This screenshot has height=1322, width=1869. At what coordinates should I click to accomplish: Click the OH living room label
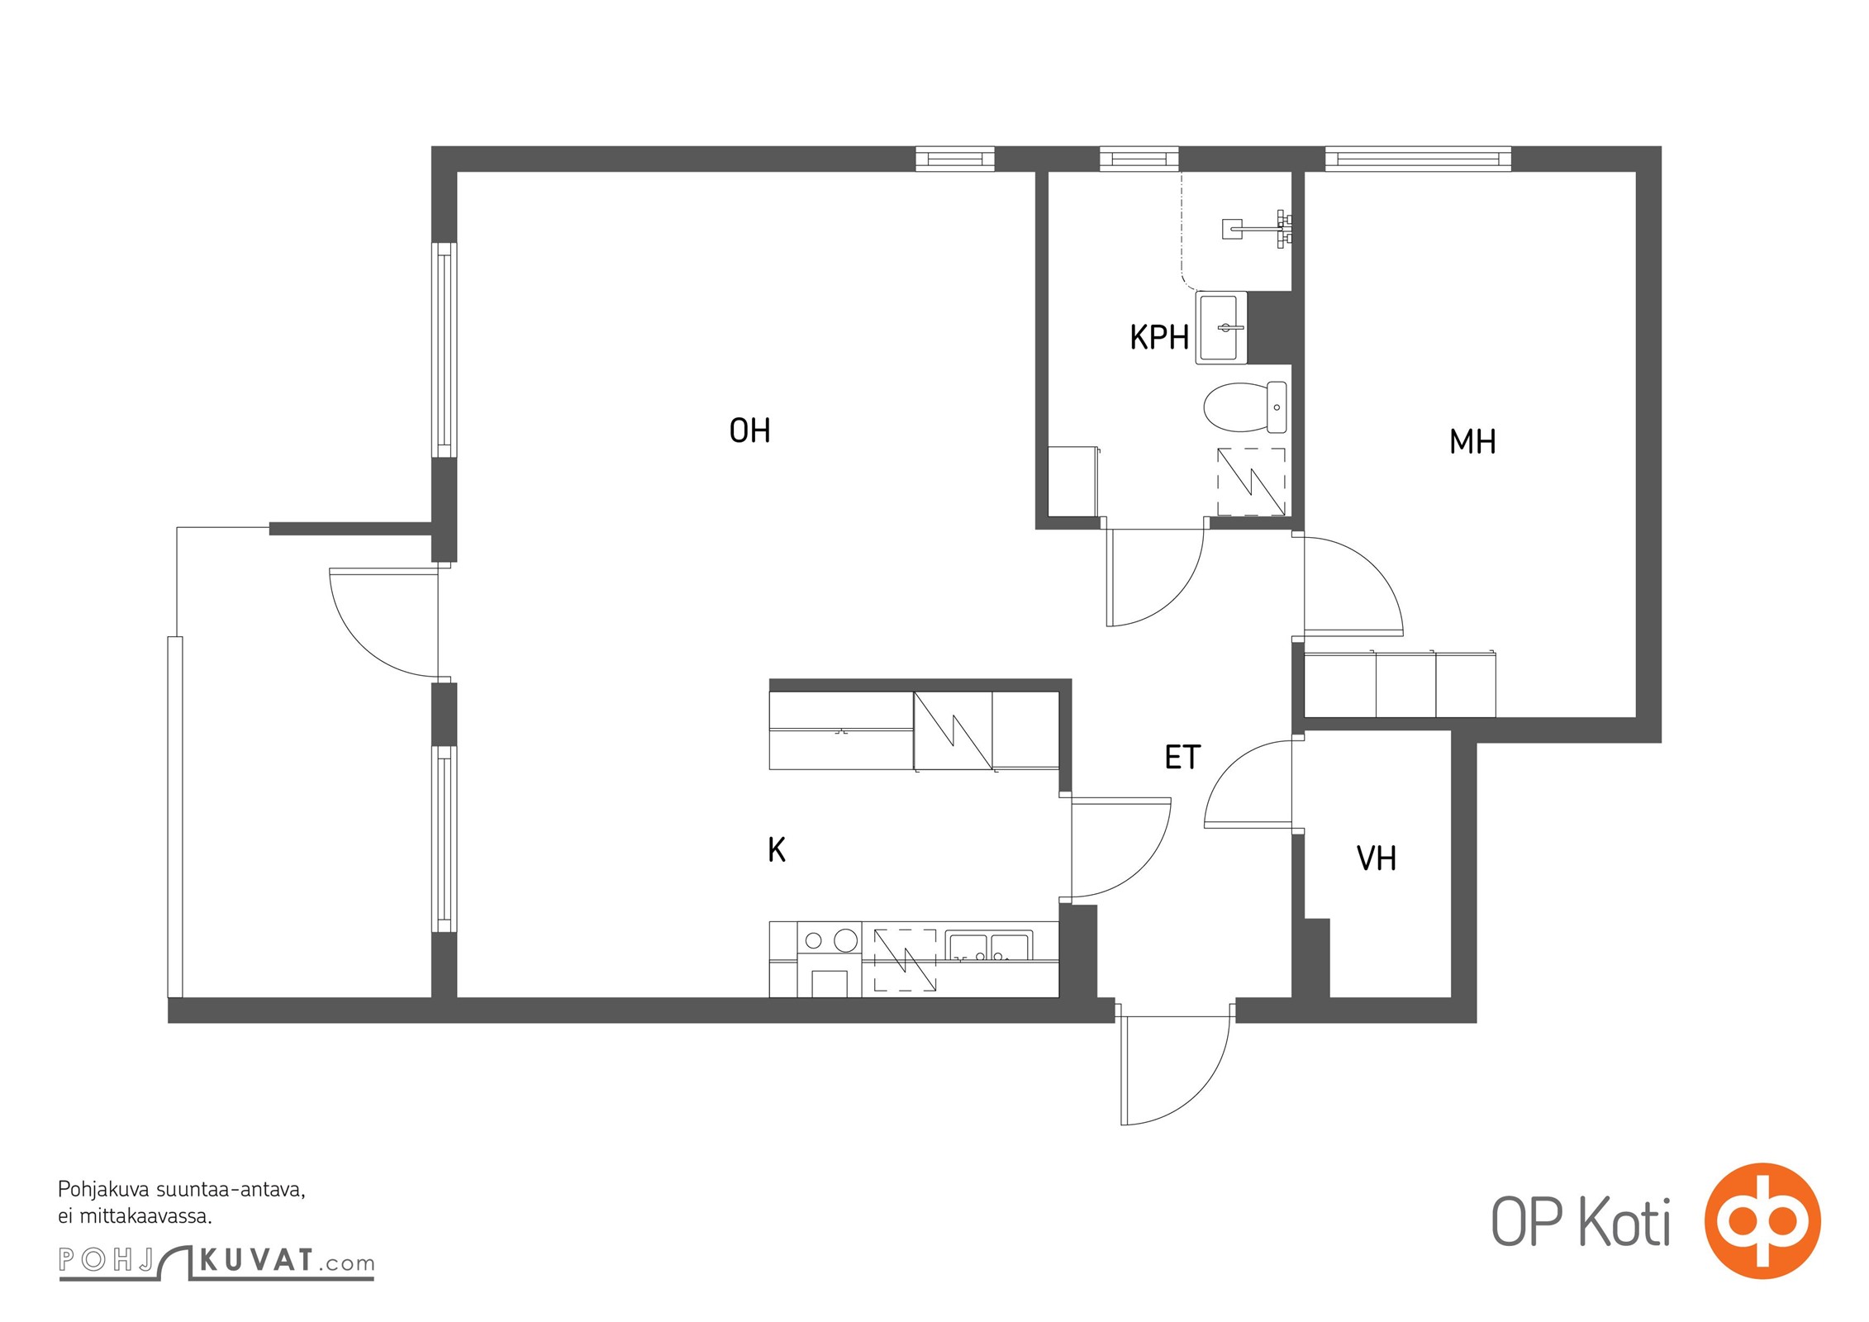pyautogui.click(x=749, y=430)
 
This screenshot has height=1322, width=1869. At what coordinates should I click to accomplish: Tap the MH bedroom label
pyautogui.click(x=1472, y=442)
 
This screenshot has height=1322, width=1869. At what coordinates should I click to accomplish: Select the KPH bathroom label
pyautogui.click(x=1159, y=337)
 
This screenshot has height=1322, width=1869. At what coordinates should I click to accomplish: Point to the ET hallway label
pyautogui.click(x=1182, y=757)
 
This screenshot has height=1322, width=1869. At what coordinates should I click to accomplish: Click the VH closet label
pyautogui.click(x=1377, y=858)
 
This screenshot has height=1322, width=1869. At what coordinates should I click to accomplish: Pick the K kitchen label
pyautogui.click(x=777, y=849)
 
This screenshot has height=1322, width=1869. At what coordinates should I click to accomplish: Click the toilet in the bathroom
pyautogui.click(x=1245, y=407)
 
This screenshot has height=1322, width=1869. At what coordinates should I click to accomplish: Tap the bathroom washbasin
pyautogui.click(x=1221, y=328)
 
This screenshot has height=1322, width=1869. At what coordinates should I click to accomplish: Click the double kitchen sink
pyautogui.click(x=988, y=947)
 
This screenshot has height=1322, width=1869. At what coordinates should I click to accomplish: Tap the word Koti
pyautogui.click(x=1626, y=1222)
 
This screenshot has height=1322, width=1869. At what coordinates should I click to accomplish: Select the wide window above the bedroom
pyautogui.click(x=1418, y=159)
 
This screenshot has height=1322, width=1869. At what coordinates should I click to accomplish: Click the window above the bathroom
pyautogui.click(x=1139, y=159)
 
